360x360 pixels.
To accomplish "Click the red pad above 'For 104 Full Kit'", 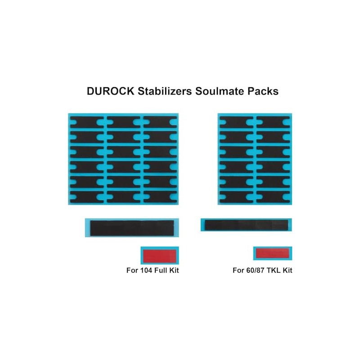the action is [160, 256].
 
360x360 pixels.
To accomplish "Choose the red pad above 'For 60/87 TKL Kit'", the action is [272, 253].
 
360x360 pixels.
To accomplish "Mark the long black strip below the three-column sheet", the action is [132, 227].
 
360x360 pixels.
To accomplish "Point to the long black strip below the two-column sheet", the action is [246, 225].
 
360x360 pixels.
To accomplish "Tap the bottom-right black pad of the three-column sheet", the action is [160, 197].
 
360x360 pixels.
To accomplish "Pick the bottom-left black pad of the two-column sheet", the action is [236, 197].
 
